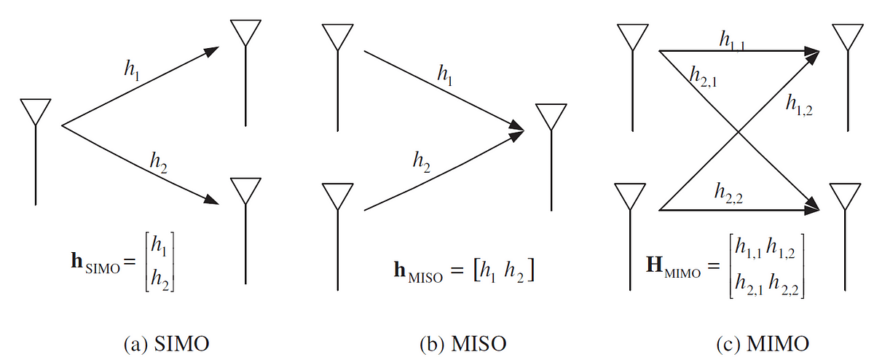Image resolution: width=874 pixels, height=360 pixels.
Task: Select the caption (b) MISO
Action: click(x=460, y=342)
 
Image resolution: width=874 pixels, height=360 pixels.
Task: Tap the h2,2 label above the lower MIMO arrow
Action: click(x=729, y=193)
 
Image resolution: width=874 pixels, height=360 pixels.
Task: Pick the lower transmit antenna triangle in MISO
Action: click(x=336, y=195)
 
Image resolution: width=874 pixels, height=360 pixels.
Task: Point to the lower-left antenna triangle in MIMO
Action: click(x=631, y=195)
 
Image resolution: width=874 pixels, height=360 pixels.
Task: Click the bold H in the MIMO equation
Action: click(x=655, y=264)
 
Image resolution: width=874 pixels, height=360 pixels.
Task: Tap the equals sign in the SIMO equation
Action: click(x=129, y=263)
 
